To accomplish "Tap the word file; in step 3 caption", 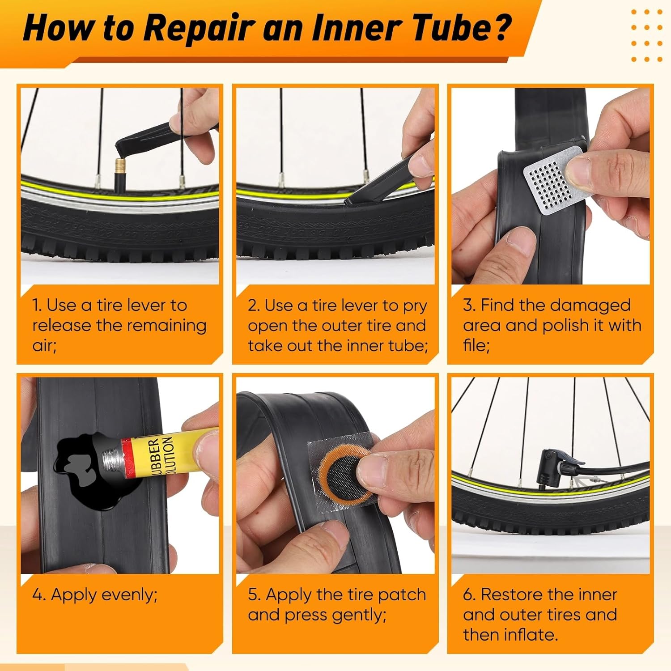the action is pyautogui.click(x=476, y=345).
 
